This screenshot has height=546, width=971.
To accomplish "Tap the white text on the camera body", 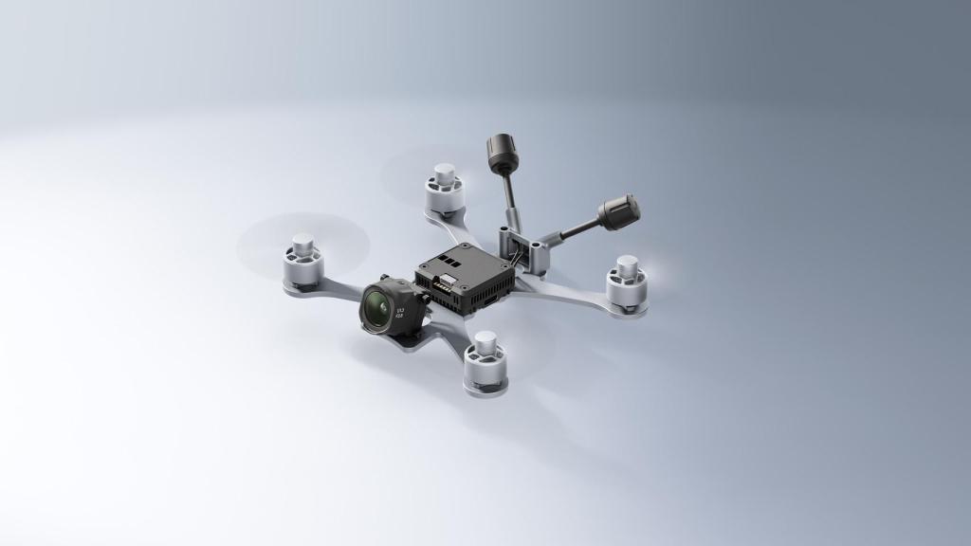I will click(400, 312).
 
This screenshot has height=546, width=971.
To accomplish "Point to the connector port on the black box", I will click(443, 282).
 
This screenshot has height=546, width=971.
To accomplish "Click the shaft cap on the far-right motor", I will click(627, 263).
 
